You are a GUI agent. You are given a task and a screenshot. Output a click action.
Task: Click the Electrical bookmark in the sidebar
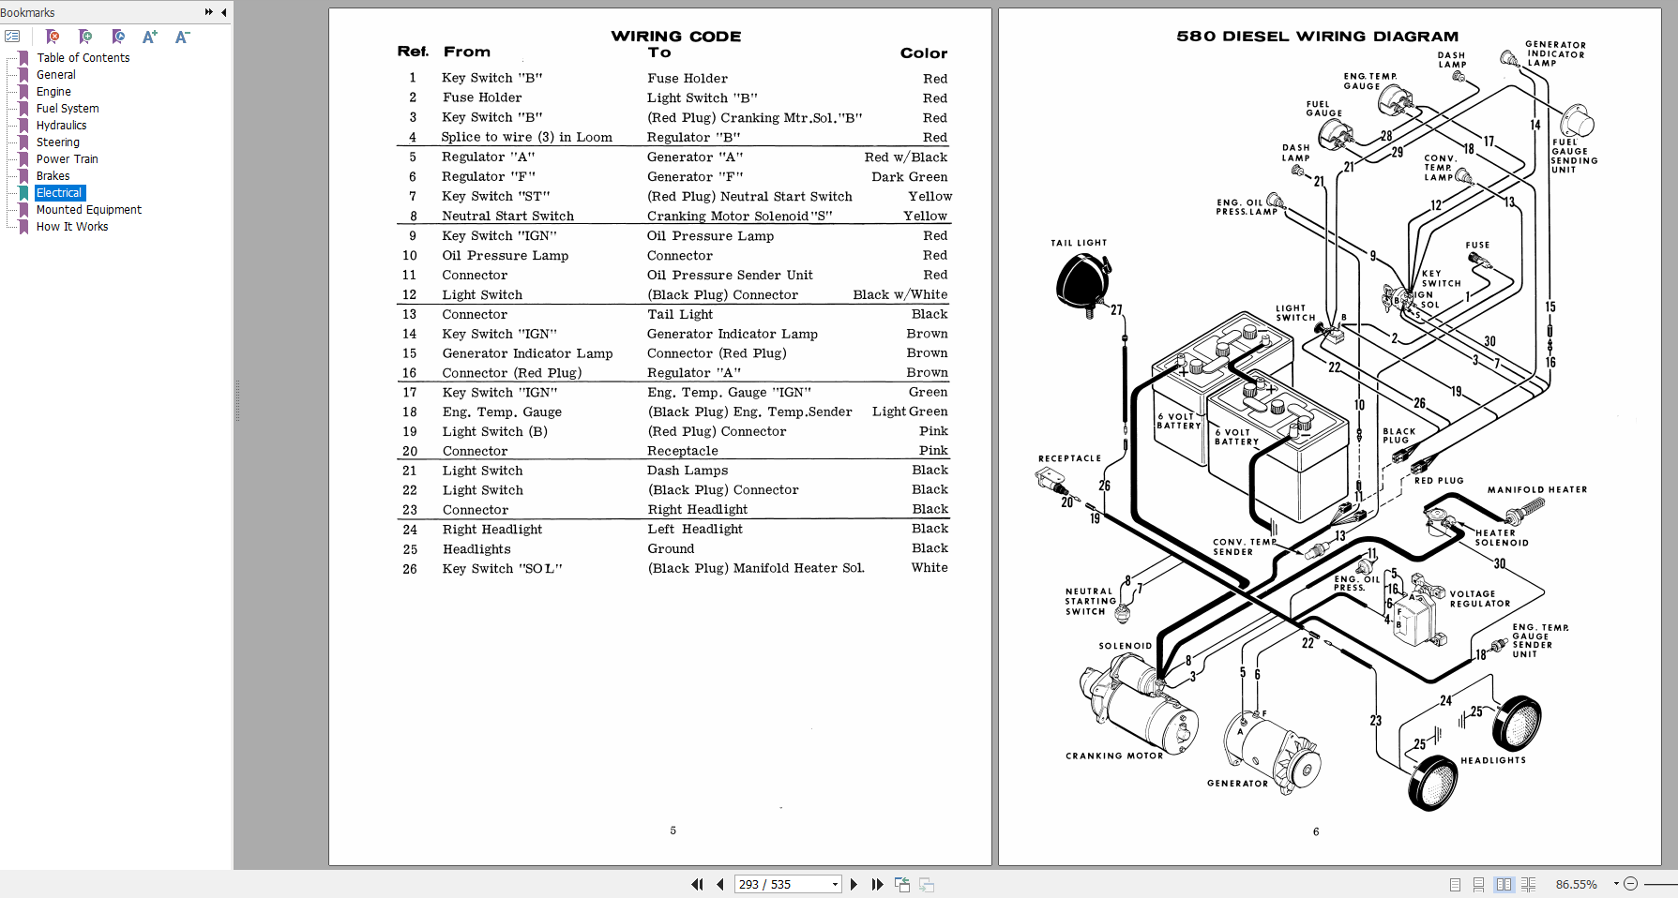pos(59,193)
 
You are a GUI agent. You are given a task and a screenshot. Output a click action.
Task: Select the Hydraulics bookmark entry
pos(61,126)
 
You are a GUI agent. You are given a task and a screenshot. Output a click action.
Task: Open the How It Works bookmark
pos(72,227)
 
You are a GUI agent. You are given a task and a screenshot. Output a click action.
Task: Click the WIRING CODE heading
pos(675,37)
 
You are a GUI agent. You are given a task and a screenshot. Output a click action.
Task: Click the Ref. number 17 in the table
pos(410,393)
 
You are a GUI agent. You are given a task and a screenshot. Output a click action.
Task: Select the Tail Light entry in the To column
pos(680,315)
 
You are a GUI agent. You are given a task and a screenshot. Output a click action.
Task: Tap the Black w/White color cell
pos(899,294)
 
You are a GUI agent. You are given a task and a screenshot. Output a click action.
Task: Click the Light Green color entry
pos(909,412)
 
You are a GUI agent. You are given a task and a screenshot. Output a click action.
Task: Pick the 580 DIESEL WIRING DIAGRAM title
pos(1317,37)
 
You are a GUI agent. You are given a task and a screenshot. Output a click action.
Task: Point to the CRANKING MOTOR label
pos(1113,756)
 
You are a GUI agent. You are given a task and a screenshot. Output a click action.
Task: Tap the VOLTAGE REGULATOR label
pos(1479,599)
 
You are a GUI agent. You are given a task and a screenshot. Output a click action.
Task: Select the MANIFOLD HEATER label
pos(1536,489)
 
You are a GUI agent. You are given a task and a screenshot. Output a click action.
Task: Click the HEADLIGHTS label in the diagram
pos(1492,760)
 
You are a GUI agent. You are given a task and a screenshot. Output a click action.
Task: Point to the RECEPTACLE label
pos(1069,458)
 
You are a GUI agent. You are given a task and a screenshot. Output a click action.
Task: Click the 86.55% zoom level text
pos(1576,884)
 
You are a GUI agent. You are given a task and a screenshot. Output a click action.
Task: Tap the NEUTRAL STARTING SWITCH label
pos(1090,601)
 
